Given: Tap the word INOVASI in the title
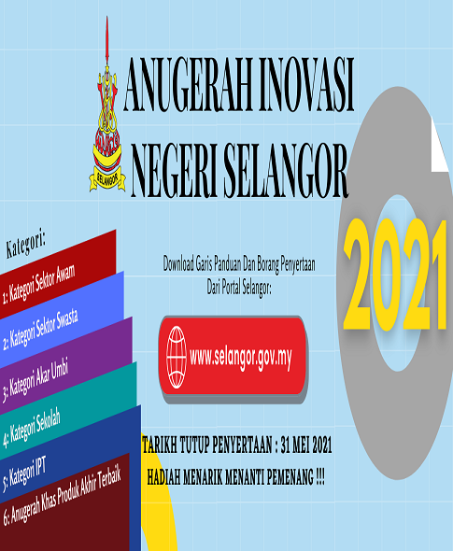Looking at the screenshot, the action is pyautogui.click(x=306, y=85).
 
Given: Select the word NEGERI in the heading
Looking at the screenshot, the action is pyautogui.click(x=175, y=170).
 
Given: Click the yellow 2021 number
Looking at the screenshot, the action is pyautogui.click(x=395, y=275).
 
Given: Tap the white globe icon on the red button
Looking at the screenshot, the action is pyautogui.click(x=177, y=357).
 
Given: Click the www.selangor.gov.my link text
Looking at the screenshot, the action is pyautogui.click(x=241, y=358).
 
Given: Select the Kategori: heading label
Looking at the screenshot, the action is pyautogui.click(x=25, y=243).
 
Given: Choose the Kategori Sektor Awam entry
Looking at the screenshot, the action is pyautogui.click(x=38, y=284).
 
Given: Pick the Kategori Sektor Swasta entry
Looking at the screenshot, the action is pyautogui.click(x=40, y=331).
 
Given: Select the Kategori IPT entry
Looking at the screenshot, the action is pyautogui.click(x=24, y=474).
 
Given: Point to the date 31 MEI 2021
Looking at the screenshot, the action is pyautogui.click(x=306, y=445).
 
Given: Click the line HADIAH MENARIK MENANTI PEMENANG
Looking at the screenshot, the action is pyautogui.click(x=235, y=477).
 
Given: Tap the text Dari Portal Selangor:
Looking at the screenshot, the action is pyautogui.click(x=239, y=287).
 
